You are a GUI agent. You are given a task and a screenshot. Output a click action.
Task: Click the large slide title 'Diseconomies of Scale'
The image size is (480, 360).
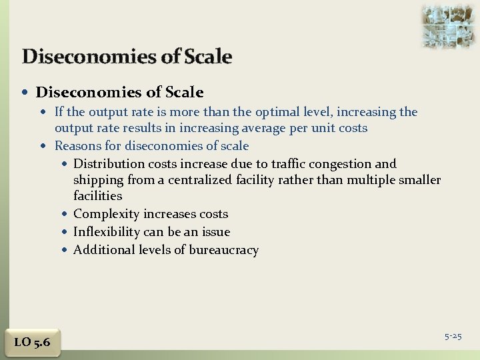(127, 57)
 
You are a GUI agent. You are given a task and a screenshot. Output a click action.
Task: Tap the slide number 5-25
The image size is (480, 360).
(453, 336)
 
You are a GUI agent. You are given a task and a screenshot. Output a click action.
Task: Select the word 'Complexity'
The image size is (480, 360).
(107, 215)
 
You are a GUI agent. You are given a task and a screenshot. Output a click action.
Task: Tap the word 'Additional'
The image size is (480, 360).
(104, 250)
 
